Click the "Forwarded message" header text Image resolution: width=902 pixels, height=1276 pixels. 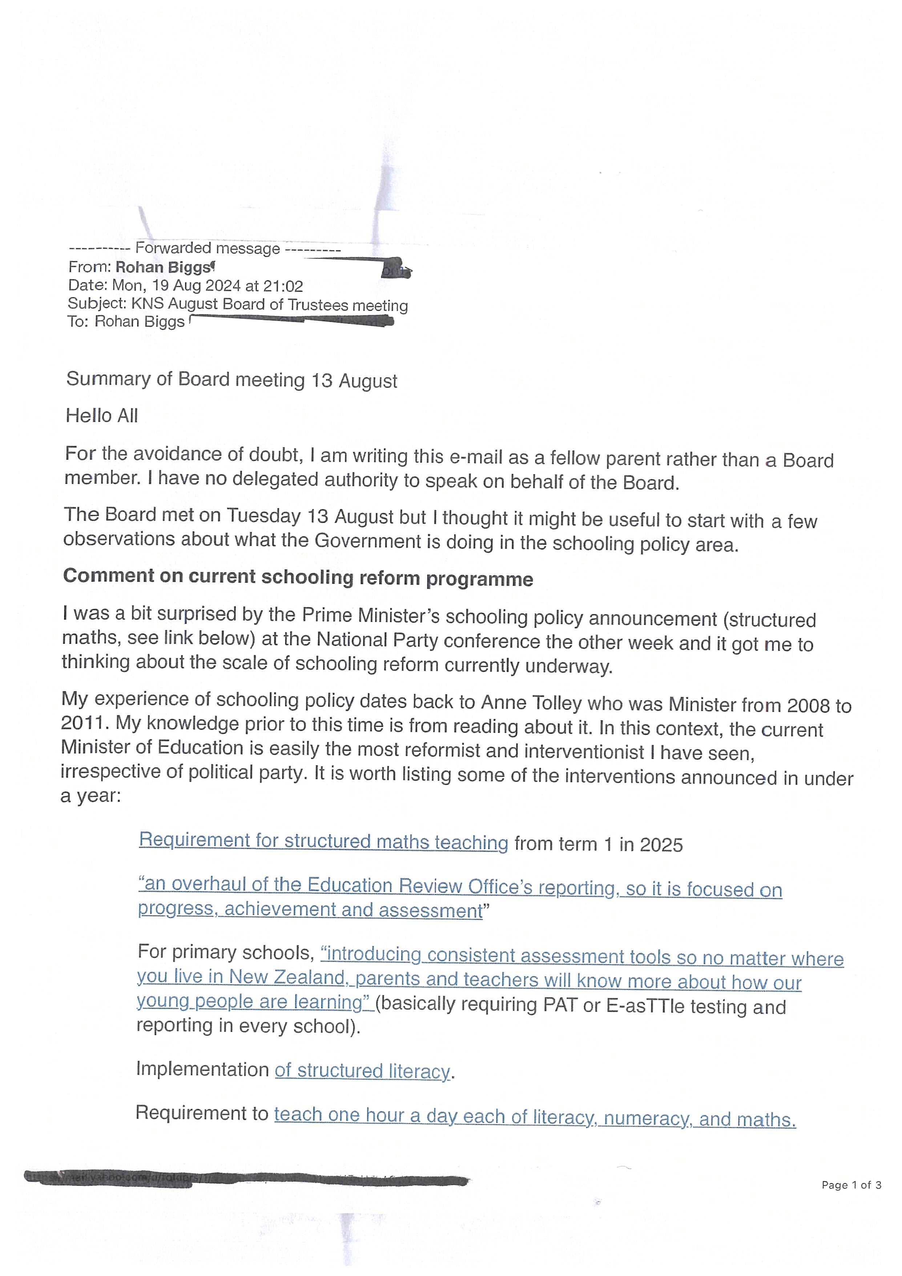tap(207, 248)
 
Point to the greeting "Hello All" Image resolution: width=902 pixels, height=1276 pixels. tap(102, 416)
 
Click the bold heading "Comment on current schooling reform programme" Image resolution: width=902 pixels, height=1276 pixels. tap(298, 577)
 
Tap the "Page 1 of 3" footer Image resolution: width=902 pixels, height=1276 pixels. tap(851, 1185)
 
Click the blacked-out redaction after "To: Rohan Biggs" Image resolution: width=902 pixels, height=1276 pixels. tap(291, 320)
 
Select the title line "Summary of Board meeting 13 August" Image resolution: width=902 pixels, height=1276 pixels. tap(231, 380)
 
